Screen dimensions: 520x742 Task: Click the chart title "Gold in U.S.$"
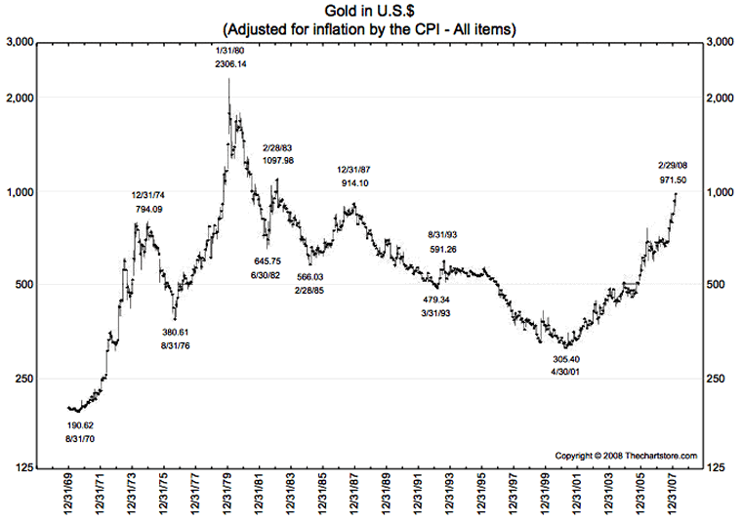pyautogui.click(x=370, y=11)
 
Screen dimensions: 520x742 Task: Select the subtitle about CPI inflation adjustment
pyautogui.click(x=370, y=29)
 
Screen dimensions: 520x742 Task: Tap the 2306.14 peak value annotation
pyautogui.click(x=230, y=63)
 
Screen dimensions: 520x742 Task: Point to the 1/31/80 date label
pyautogui.click(x=230, y=49)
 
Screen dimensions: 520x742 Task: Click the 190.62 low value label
pyautogui.click(x=80, y=425)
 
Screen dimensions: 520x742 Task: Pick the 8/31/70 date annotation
pyautogui.click(x=80, y=440)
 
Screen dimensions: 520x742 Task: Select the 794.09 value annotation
pyautogui.click(x=149, y=209)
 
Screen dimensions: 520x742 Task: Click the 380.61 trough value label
pyautogui.click(x=176, y=332)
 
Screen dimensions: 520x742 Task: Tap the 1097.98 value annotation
pyautogui.click(x=279, y=160)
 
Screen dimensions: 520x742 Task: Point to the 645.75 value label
pyautogui.click(x=268, y=260)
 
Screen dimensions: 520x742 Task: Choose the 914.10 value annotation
pyautogui.click(x=353, y=183)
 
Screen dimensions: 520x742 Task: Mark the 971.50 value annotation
pyautogui.click(x=671, y=180)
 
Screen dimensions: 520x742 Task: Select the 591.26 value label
pyautogui.click(x=443, y=250)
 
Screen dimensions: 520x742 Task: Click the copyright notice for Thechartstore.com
pyautogui.click(x=626, y=456)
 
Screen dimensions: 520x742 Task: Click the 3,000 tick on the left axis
pyautogui.click(x=21, y=43)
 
